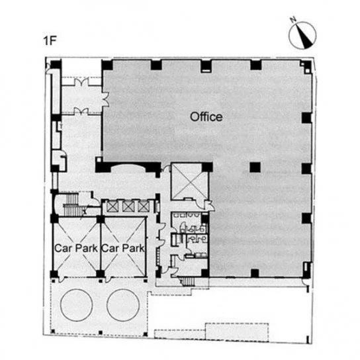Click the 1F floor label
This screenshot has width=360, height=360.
pos(50,41)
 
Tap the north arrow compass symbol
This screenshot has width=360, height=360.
pos(302,34)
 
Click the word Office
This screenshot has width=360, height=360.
pos(206,117)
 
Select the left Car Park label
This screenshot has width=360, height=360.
pos(76,248)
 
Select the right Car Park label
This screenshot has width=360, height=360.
pos(123,248)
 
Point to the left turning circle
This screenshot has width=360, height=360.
pos(77,304)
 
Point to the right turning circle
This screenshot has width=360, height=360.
pos(123,304)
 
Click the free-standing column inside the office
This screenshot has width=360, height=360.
pos(255,167)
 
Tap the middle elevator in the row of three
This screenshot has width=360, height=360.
pos(127,206)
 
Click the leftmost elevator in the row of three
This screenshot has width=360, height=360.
pos(112,206)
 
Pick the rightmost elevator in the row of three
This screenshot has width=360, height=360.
pos(142,206)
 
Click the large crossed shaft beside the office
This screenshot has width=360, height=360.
pos(190,181)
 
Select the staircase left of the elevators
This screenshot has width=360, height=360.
pos(71,205)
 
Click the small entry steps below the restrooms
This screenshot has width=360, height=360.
pos(188,281)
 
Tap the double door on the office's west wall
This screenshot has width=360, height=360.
pos(105,99)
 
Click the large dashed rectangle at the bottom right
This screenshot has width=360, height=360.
pos(237,332)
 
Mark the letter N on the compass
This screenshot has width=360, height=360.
pos(292,20)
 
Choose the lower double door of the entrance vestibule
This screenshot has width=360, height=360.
pos(81,111)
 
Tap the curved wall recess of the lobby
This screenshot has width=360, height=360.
pos(128,166)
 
